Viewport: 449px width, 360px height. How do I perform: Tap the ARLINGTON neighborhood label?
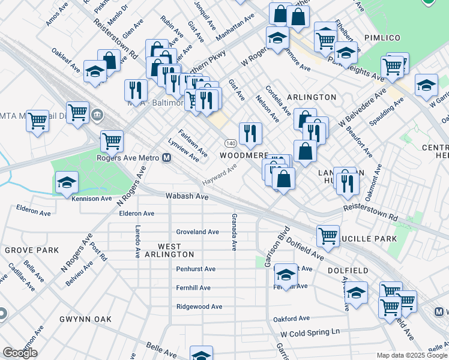(312, 97)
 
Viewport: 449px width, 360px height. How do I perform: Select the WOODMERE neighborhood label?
(243, 155)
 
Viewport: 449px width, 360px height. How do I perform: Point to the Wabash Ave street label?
(187, 197)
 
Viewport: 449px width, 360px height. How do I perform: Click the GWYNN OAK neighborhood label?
(85, 319)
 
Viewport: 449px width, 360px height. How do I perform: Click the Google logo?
(20, 353)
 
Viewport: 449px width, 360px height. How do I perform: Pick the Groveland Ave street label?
(197, 232)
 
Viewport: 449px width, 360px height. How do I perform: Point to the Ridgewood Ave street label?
(199, 307)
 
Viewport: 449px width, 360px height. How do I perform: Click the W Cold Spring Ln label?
(310, 332)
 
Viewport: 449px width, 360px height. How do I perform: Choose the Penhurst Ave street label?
(196, 269)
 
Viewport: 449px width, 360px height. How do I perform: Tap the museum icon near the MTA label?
(97, 114)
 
